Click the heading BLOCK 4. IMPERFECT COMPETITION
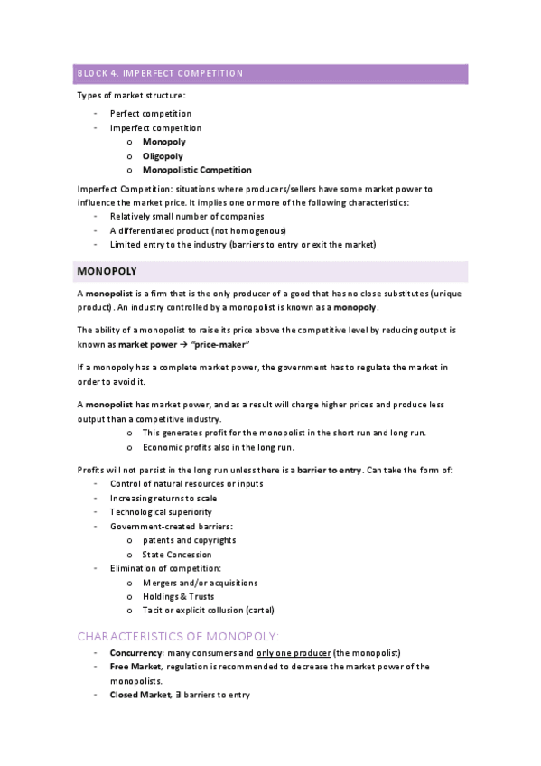point(159,73)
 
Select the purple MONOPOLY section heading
point(107,270)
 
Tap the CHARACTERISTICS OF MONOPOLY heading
point(178,635)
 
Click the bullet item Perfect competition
point(150,114)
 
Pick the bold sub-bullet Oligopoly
point(163,156)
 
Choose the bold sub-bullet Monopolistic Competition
point(197,170)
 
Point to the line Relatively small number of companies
point(187,217)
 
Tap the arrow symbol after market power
point(182,345)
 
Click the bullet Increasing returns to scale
point(163,499)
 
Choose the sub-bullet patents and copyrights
point(189,540)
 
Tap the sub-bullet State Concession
point(177,555)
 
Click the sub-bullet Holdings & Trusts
point(178,596)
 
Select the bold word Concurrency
point(136,653)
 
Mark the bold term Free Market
point(135,667)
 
